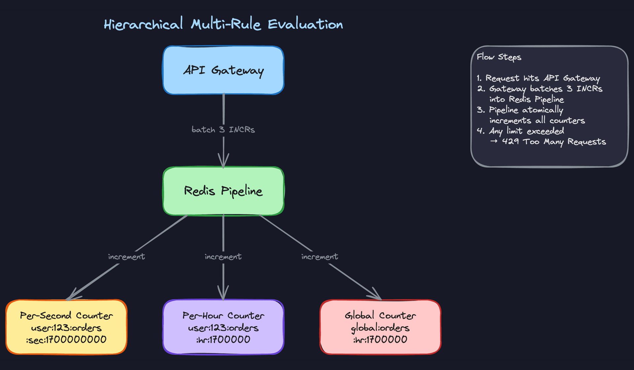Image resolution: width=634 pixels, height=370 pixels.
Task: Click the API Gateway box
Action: (223, 70)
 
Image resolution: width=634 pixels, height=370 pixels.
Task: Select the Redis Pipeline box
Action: (223, 191)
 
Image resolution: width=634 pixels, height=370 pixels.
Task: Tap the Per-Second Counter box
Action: (66, 327)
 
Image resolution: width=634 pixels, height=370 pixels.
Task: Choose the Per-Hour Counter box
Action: (223, 327)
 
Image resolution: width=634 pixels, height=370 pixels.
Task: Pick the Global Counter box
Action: (380, 327)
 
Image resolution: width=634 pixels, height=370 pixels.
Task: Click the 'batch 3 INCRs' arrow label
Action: (223, 129)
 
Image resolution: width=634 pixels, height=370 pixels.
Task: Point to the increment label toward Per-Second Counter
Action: (126, 257)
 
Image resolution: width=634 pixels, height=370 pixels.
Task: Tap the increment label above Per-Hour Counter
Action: (223, 257)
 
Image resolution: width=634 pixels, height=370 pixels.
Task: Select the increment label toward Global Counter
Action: (320, 257)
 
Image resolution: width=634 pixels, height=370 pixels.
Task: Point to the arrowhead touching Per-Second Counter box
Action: (72, 295)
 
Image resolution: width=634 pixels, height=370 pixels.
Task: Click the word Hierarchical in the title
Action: (143, 24)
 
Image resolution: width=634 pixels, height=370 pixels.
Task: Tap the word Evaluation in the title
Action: (305, 24)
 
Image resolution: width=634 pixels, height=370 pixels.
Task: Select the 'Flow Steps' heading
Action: (499, 57)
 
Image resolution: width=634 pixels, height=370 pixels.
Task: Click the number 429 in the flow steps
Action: (510, 142)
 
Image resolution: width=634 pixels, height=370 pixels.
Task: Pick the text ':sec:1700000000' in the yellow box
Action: (66, 340)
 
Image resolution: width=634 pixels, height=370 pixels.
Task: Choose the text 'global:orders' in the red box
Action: (380, 328)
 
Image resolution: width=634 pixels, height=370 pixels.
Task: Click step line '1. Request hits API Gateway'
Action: (538, 78)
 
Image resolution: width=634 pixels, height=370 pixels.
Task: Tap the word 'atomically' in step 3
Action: (543, 110)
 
